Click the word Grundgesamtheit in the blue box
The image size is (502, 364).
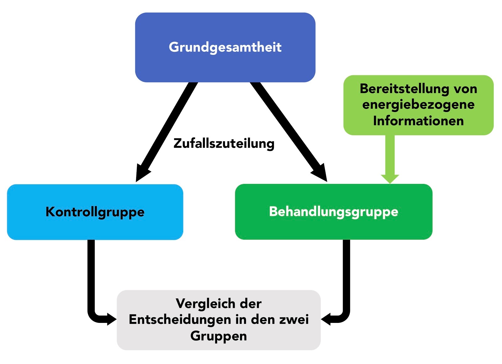click(x=225, y=47)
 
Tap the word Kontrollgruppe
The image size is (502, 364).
click(x=95, y=212)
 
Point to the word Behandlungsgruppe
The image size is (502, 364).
click(x=334, y=211)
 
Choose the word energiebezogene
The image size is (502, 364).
click(x=418, y=105)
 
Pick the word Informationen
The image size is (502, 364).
click(x=418, y=121)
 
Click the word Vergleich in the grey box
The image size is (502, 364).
click(x=205, y=304)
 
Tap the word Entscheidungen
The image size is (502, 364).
click(x=180, y=320)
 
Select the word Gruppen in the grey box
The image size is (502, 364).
click(x=218, y=336)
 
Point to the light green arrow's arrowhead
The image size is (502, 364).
click(x=390, y=179)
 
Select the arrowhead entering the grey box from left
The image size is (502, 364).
click(x=112, y=319)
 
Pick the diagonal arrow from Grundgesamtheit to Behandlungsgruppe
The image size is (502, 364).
click(x=289, y=132)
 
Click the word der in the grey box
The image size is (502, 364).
click(x=251, y=304)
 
